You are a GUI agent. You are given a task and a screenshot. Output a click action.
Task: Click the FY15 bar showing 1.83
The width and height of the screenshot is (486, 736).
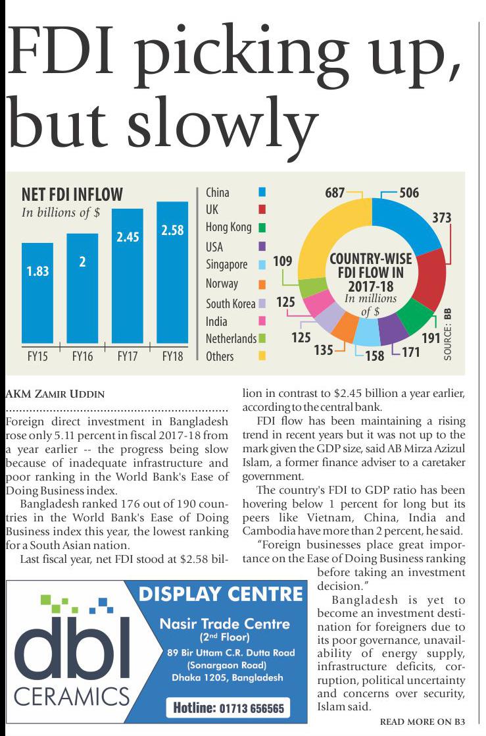[x=37, y=293]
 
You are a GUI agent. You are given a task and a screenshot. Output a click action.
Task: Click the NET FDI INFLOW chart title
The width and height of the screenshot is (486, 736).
[x=72, y=194]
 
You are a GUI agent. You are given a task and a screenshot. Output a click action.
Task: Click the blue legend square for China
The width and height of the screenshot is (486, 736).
[x=262, y=192]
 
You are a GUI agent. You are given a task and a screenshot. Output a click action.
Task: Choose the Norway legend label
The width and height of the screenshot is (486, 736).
[x=222, y=284]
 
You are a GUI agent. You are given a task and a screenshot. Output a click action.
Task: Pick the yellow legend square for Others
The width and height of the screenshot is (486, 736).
[x=262, y=356]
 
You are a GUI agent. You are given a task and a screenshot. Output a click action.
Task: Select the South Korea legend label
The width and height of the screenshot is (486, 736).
[x=230, y=303]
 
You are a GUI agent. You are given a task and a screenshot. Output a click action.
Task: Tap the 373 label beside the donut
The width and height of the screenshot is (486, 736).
[x=441, y=217]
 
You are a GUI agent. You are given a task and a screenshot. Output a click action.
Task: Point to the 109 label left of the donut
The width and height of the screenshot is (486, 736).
[x=283, y=261]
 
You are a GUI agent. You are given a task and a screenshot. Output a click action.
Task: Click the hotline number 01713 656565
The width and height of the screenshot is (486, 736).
[x=228, y=708]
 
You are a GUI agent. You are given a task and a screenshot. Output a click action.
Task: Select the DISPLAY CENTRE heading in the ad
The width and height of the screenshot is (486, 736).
[x=221, y=594]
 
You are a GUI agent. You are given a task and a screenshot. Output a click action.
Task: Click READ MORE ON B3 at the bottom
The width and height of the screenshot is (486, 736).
[x=423, y=722]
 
